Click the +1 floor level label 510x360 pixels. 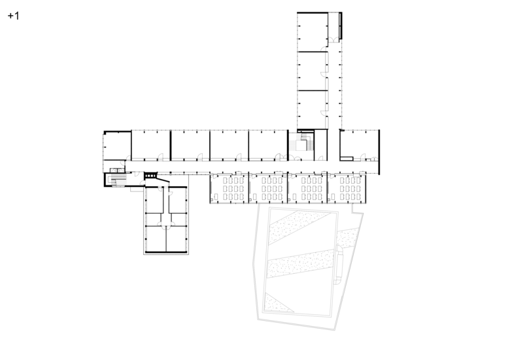click(13, 16)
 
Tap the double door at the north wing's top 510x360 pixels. click(333, 40)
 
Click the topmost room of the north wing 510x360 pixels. click(313, 32)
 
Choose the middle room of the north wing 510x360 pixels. click(313, 71)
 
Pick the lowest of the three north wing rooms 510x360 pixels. click(313, 109)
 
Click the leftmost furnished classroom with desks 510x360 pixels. click(229, 188)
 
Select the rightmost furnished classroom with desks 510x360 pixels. click(347, 188)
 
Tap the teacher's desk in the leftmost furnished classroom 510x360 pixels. click(216, 197)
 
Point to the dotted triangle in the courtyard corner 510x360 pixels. click(277, 303)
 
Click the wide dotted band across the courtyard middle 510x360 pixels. click(301, 263)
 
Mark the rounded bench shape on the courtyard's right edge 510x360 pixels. click(339, 265)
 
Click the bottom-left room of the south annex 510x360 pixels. click(156, 238)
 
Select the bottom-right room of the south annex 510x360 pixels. click(177, 238)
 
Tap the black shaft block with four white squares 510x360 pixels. click(150, 176)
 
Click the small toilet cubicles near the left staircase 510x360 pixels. click(117, 170)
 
